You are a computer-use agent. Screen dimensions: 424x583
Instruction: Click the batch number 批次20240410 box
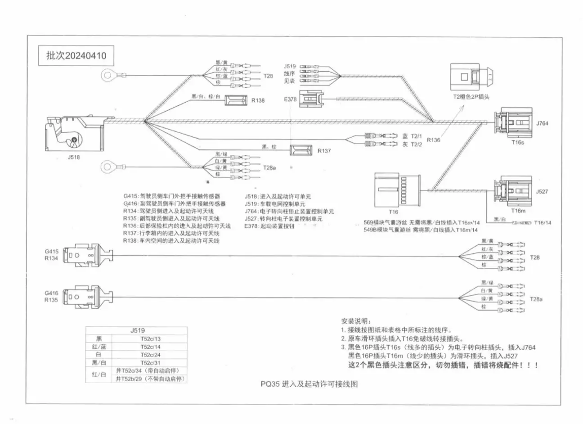(x=76, y=56)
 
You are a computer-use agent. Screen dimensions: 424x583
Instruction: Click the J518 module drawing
(x=75, y=134)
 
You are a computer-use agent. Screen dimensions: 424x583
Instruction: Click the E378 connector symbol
(x=310, y=98)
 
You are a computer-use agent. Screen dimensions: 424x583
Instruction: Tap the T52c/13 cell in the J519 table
(x=150, y=339)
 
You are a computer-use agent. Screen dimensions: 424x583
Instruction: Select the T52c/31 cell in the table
(x=150, y=362)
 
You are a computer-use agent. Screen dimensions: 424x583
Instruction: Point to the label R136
(x=433, y=140)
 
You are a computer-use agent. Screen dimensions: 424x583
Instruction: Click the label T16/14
(x=542, y=222)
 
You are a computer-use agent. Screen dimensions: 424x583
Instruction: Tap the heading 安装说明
(x=356, y=321)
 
